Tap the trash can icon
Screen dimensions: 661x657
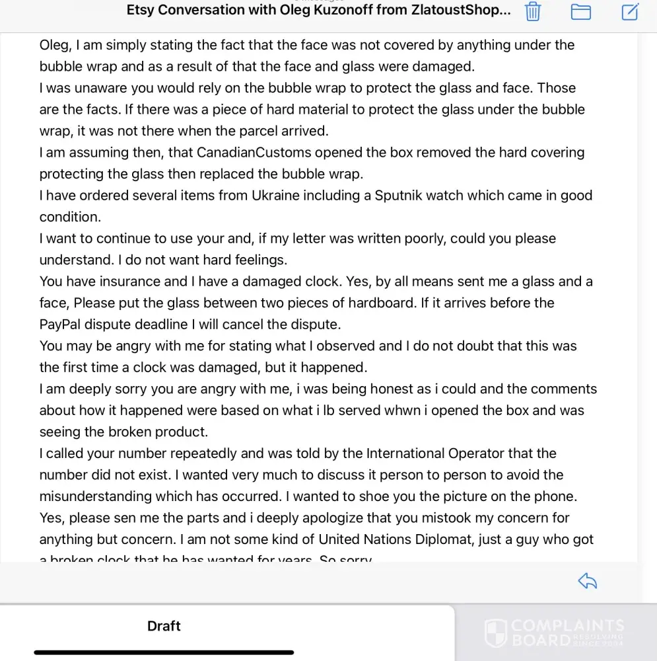coord(533,12)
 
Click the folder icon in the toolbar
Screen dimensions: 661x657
coord(580,12)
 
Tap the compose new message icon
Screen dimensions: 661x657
coord(630,12)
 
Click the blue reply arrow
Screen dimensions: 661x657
coord(587,581)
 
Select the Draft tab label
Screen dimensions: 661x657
coord(164,626)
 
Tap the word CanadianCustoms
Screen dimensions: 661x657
coord(254,153)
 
